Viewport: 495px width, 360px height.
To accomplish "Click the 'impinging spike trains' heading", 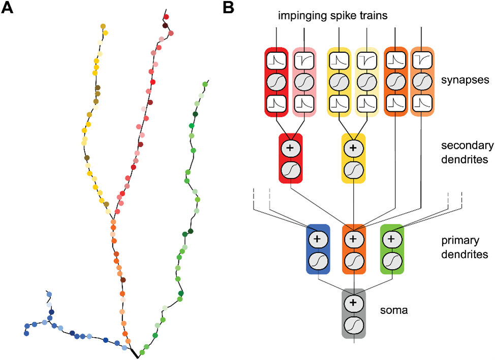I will pyautogui.click(x=333, y=16).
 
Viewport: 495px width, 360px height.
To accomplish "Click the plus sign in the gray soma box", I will pyautogui.click(x=354, y=303).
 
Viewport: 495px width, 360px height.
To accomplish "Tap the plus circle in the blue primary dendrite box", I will pyautogui.click(x=318, y=238).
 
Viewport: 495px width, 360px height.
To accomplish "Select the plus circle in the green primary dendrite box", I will pyautogui.click(x=391, y=238).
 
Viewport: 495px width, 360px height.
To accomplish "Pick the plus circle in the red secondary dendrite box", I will pyautogui.click(x=291, y=147).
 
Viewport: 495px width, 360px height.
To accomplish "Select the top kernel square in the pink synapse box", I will pyautogui.click(x=304, y=60).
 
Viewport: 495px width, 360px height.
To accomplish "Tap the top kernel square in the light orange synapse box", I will pyautogui.click(x=422, y=60).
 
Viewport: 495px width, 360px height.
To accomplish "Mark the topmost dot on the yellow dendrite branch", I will pyautogui.click(x=103, y=26).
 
